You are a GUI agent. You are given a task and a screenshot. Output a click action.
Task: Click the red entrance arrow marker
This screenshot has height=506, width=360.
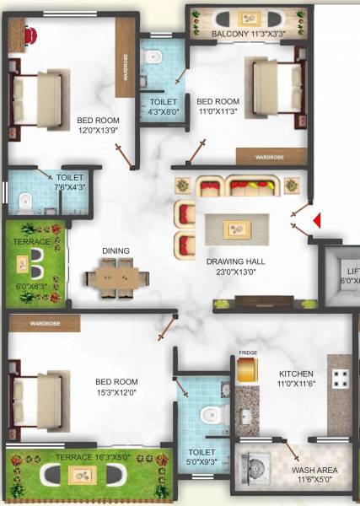coord(318,220)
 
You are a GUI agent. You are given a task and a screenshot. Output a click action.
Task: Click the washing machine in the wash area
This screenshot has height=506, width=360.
coord(255,468)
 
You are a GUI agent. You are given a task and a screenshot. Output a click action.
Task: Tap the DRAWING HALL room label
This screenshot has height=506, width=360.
coord(235,261)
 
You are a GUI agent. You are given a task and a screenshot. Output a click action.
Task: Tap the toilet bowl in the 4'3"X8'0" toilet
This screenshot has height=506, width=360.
coord(153,57)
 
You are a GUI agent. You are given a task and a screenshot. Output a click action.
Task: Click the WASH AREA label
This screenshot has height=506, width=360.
coord(313,470)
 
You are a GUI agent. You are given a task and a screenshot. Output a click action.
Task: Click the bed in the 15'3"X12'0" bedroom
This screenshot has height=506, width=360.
coord(37,389)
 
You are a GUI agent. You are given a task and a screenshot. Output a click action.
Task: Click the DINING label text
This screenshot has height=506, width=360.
coord(116,250)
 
